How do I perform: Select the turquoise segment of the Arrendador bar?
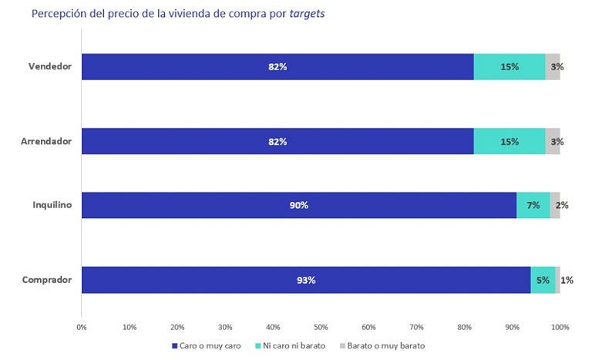click(x=509, y=141)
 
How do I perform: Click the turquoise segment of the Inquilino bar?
click(x=533, y=205)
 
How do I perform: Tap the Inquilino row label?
click(x=53, y=205)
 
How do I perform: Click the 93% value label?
click(x=306, y=280)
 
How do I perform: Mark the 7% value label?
click(x=533, y=205)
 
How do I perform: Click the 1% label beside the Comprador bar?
click(x=567, y=280)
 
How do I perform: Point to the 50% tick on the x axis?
click(x=321, y=327)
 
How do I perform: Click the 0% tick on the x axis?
click(x=82, y=327)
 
